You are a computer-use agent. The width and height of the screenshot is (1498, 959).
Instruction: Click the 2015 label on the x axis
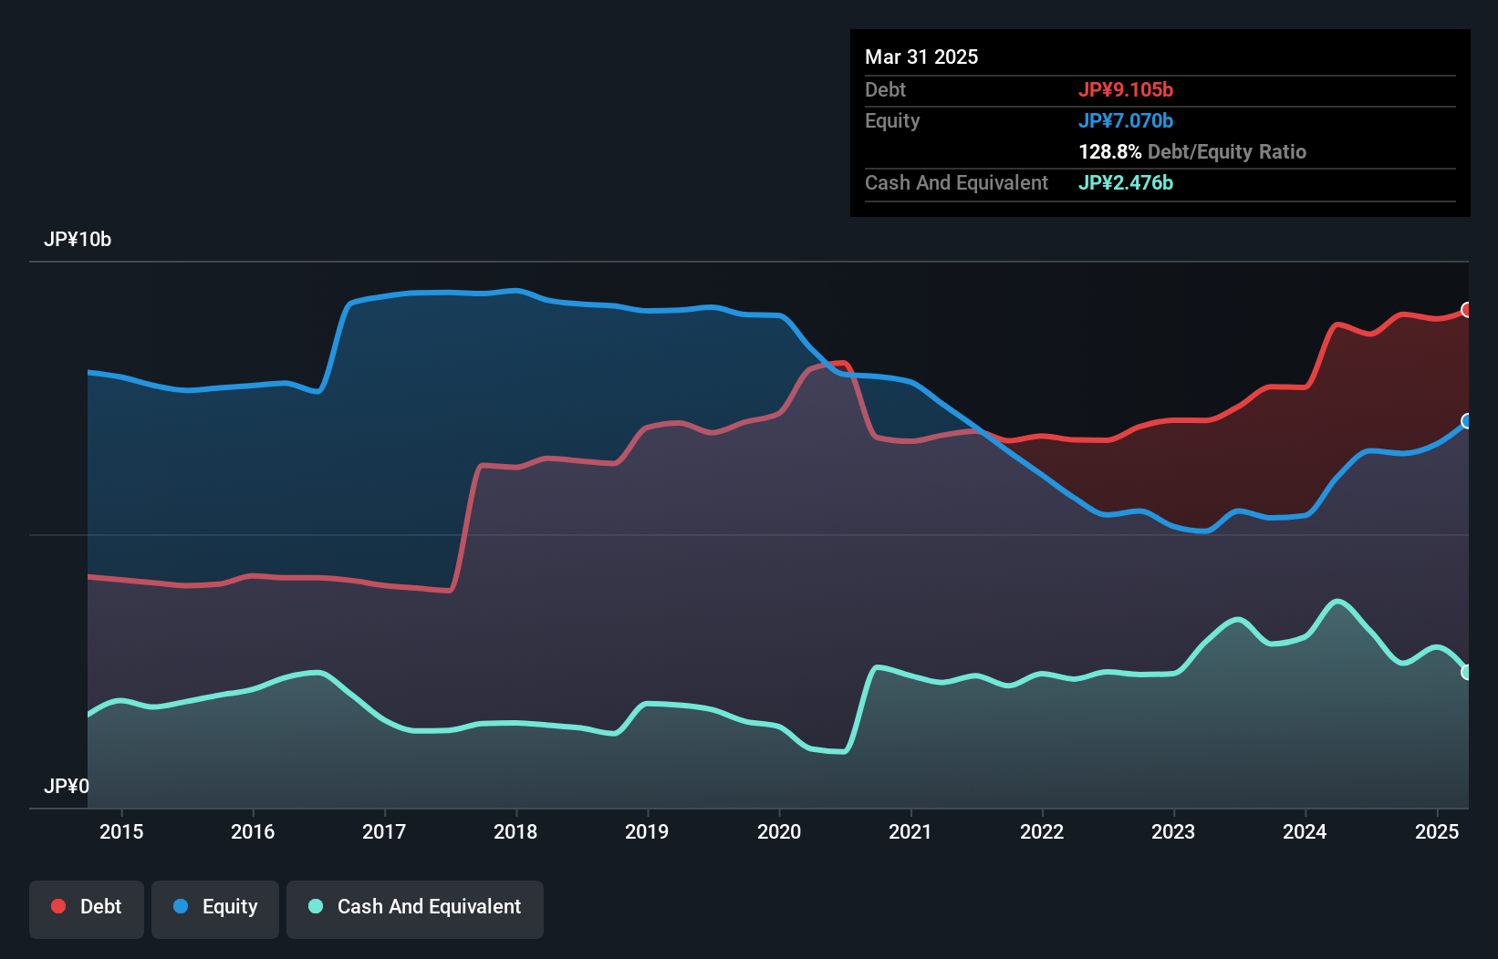point(121,831)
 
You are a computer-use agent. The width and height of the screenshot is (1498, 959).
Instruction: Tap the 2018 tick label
point(515,831)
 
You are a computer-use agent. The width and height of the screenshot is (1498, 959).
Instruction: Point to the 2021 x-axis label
point(910,831)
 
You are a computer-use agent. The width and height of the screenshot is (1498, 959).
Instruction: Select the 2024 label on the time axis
point(1305,831)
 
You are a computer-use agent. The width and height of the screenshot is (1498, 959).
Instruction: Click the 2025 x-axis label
point(1437,831)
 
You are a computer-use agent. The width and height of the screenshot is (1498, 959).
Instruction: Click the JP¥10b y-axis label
point(78,240)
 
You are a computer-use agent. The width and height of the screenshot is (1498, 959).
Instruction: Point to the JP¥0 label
point(67,786)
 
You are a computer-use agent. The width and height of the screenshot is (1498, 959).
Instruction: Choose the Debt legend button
point(87,907)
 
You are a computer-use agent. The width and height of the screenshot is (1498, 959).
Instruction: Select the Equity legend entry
point(215,907)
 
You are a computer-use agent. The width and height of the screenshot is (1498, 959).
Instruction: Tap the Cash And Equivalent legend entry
point(415,907)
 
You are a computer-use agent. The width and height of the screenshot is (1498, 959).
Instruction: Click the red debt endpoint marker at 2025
point(1467,310)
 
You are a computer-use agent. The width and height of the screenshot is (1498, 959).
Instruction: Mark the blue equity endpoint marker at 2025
point(1467,421)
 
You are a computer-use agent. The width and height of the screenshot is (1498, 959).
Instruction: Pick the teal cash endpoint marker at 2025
point(1467,672)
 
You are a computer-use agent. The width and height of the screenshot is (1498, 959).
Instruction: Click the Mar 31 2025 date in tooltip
point(921,57)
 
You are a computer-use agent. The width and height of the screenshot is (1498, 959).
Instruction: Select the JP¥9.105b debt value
point(1126,89)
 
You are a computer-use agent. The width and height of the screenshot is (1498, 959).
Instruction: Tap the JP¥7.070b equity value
point(1126,120)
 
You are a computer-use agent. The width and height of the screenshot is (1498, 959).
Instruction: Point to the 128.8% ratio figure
point(1110,151)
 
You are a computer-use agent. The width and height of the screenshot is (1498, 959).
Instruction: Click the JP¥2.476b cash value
point(1126,182)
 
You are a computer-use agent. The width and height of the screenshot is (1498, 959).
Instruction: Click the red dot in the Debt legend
point(58,906)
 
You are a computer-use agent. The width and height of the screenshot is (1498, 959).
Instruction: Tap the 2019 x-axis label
point(647,831)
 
